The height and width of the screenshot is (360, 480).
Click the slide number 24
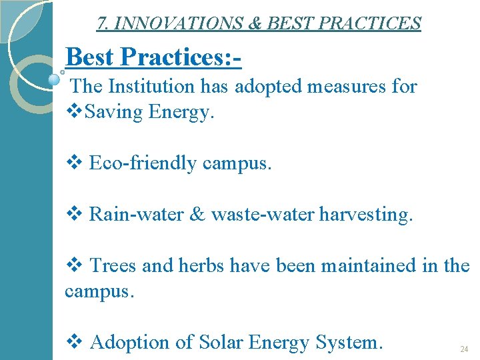click(x=465, y=349)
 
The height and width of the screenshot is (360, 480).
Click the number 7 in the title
click(x=101, y=23)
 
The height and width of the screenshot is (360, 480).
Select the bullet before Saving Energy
click(x=73, y=112)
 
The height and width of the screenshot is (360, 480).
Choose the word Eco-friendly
click(x=142, y=163)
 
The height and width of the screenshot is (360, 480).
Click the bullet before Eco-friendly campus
click(x=73, y=163)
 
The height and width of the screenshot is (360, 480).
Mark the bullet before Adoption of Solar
click(x=73, y=342)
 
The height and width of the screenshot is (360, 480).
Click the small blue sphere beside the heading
click(x=54, y=79)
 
